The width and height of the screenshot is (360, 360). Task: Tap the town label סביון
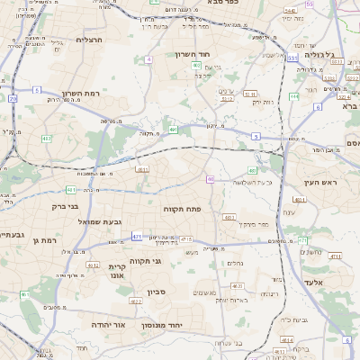click(158, 292)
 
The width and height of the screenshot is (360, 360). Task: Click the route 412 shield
click(47, 139)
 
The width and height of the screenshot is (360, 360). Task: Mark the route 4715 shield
click(186, 238)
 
